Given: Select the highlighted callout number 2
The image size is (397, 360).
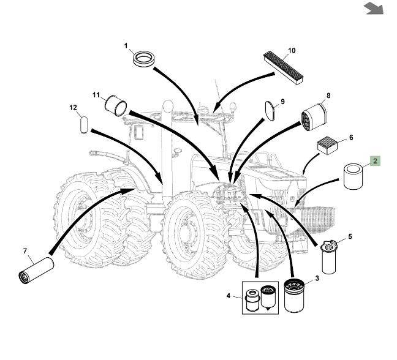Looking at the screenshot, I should [375, 162].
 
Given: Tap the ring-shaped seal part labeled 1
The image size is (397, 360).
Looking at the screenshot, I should [145, 59].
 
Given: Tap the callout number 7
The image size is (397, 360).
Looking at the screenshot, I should [25, 251].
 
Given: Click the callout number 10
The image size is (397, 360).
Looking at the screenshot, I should [291, 50].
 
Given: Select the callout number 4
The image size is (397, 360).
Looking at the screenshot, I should [229, 296].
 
